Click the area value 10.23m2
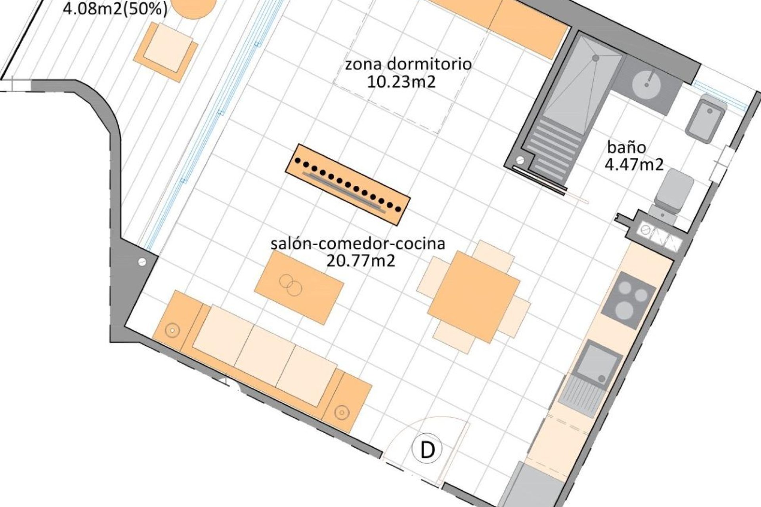[401, 82]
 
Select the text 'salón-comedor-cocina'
[358, 243]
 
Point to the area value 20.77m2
[361, 261]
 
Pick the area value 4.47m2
[634, 164]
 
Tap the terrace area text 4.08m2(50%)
[115, 9]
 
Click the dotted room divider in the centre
[348, 185]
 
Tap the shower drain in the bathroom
[595, 58]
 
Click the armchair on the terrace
[166, 52]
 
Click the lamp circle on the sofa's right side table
[340, 412]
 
